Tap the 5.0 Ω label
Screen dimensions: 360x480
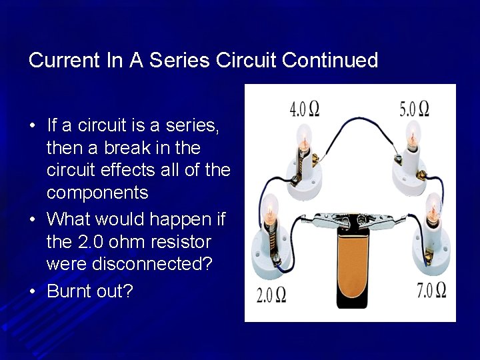414,109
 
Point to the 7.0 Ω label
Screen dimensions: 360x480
431,290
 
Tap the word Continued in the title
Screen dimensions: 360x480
330,61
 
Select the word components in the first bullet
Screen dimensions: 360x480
97,193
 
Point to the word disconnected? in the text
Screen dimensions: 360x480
129,264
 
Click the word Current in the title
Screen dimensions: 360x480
64,61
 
